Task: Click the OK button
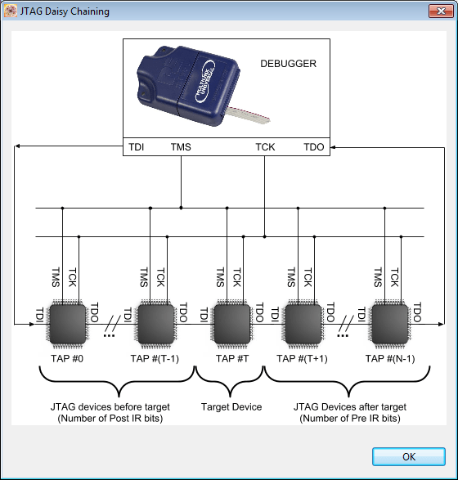pos(408,456)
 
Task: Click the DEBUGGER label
pos(287,63)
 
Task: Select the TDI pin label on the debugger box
pos(136,147)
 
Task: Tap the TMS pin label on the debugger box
pos(181,147)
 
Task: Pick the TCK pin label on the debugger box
pos(265,147)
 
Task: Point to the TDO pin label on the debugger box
pos(314,147)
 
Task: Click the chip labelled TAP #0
pos(67,325)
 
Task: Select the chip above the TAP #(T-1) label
pos(155,325)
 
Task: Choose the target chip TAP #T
pos(231,325)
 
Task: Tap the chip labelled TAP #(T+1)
pos(303,325)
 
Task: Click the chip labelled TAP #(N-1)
pos(390,325)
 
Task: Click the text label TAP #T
pos(231,357)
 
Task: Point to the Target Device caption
pos(231,406)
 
